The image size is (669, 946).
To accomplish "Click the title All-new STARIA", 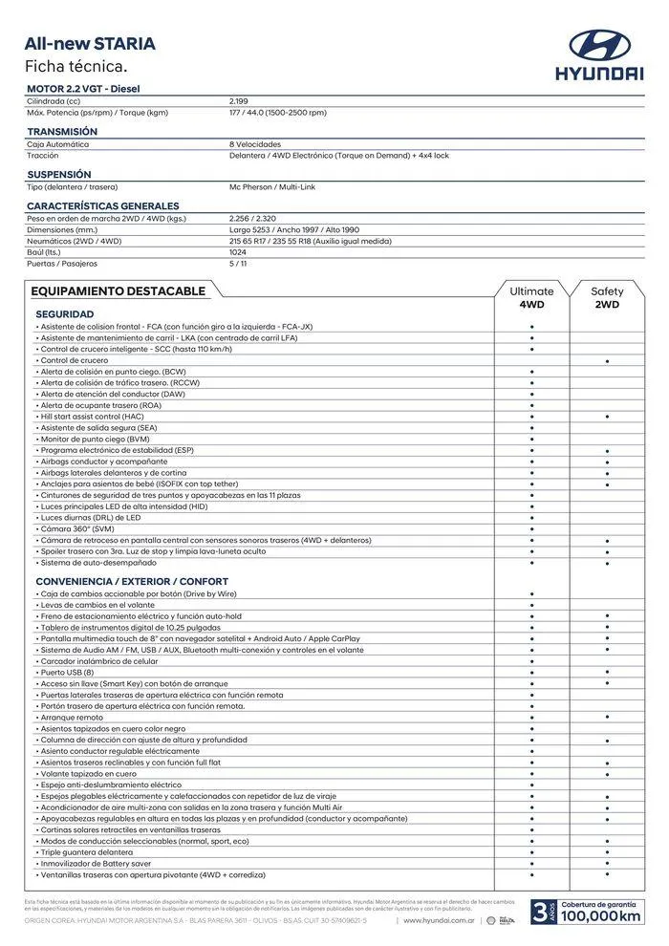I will point(90,44).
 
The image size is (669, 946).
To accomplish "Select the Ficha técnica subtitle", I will point(76,66).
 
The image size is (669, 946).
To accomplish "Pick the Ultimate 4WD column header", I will point(531,297).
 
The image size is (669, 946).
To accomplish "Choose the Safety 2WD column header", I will point(607,297).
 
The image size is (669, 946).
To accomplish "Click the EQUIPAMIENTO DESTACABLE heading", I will point(118,290).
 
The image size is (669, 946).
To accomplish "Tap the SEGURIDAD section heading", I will point(64,313).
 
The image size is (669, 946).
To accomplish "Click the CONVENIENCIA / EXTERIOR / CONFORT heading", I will point(132,581).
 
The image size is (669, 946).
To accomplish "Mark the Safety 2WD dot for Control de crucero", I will point(607,361).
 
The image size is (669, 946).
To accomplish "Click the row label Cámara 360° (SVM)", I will point(76,528).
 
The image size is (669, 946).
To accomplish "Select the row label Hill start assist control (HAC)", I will point(92,417).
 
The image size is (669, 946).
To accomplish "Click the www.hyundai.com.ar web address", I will point(440,920).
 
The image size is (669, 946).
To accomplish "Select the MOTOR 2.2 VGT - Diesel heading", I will point(84,89).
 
